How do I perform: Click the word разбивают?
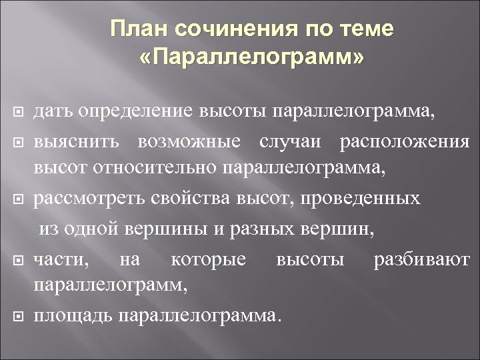[421, 258]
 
